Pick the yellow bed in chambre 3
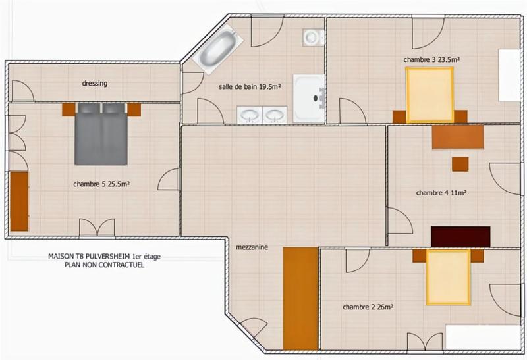(430, 96)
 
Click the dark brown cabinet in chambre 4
(460, 236)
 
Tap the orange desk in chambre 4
(458, 137)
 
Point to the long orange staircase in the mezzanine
(300, 298)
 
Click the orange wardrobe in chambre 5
(19, 201)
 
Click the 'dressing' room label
(95, 84)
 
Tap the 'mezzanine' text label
(253, 248)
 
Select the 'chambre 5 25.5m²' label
(101, 184)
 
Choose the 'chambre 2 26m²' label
(368, 307)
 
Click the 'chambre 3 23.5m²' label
(431, 59)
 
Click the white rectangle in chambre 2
(483, 332)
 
